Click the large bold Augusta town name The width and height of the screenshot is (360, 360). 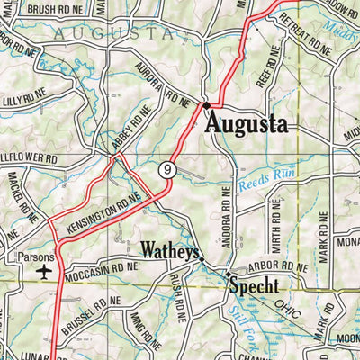coord(246,123)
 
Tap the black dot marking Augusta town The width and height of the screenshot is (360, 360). coord(206,105)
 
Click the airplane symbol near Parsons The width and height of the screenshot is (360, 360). coord(44,271)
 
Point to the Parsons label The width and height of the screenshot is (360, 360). coord(37,256)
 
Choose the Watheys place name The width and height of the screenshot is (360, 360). coord(169,250)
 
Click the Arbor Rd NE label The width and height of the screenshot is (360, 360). coord(277,267)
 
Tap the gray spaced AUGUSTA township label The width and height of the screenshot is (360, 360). coord(112,32)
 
